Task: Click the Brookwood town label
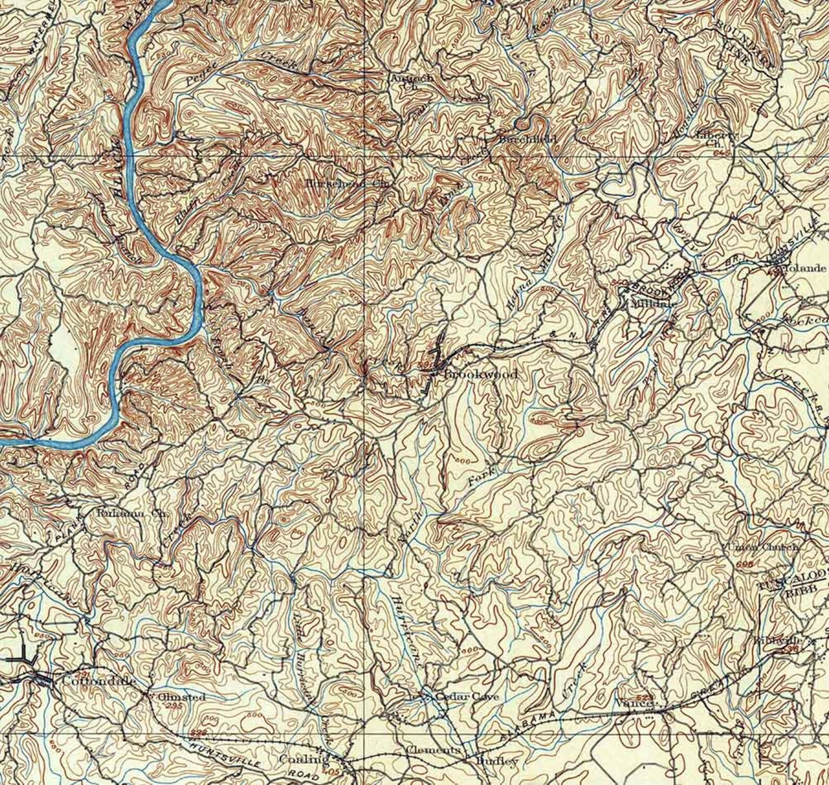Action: pyautogui.click(x=480, y=375)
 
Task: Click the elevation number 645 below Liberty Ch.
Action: pyautogui.click(x=723, y=152)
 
